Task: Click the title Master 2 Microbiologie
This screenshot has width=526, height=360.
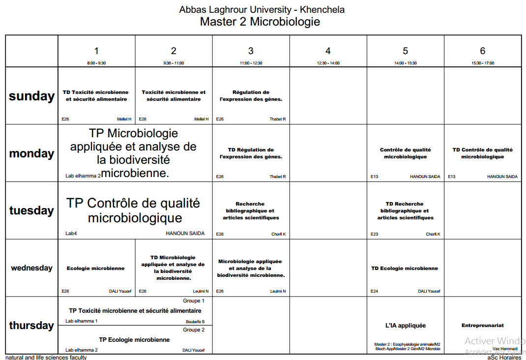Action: pyautogui.click(x=260, y=22)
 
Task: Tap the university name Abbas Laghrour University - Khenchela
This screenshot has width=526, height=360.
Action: pyautogui.click(x=262, y=9)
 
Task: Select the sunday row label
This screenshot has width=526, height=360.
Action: pyautogui.click(x=31, y=96)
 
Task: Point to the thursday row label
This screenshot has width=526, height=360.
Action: pyautogui.click(x=31, y=325)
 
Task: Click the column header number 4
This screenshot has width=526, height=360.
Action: pyautogui.click(x=328, y=51)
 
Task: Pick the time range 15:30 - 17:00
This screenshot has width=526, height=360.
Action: pyautogui.click(x=482, y=63)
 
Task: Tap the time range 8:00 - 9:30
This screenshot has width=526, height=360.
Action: pyautogui.click(x=96, y=63)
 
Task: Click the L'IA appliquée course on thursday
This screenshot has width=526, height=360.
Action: pyautogui.click(x=406, y=325)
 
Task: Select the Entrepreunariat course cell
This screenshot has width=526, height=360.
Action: pyautogui.click(x=482, y=325)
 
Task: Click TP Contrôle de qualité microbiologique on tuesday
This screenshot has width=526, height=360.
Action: pyautogui.click(x=134, y=210)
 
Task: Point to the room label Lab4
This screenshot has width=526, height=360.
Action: pyautogui.click(x=71, y=234)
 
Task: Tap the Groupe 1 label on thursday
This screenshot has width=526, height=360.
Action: pyautogui.click(x=194, y=300)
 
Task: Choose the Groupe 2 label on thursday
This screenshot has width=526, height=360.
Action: pyautogui.click(x=194, y=330)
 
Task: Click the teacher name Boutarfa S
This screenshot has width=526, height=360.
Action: pyautogui.click(x=195, y=322)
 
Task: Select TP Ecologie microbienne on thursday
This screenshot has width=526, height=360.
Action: pyautogui.click(x=134, y=339)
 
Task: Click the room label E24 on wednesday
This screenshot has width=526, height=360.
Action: pyautogui.click(x=375, y=291)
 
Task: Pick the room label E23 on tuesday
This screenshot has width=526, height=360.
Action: pyautogui.click(x=375, y=234)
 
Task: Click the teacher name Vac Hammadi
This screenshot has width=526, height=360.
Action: pyautogui.click(x=505, y=348)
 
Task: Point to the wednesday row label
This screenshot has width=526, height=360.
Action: pyautogui.click(x=31, y=268)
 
